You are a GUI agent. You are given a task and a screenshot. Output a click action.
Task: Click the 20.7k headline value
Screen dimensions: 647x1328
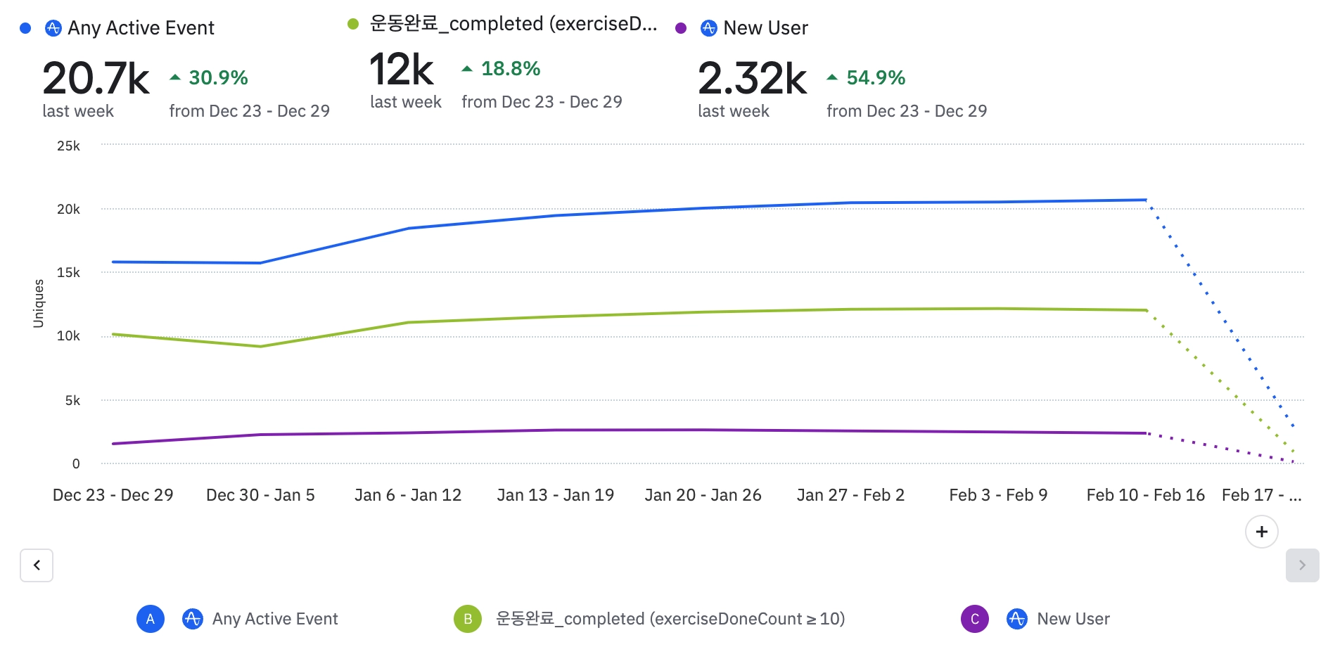coord(96,78)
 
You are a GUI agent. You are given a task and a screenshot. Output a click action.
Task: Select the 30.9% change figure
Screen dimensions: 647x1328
coord(218,77)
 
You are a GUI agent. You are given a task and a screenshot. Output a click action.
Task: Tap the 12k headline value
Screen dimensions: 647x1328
coord(402,70)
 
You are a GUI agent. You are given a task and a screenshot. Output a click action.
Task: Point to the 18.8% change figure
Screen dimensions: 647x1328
coord(510,69)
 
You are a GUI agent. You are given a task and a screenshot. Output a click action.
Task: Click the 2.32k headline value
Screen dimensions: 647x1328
coord(752,78)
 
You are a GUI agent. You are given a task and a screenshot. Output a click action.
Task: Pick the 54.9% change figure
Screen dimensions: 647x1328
coord(875,77)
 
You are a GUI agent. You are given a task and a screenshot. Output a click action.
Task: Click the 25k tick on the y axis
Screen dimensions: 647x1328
coord(68,146)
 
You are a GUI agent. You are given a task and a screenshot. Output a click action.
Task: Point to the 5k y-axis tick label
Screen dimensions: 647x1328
coord(72,400)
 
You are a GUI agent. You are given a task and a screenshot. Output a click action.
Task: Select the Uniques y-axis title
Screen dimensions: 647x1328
coord(39,303)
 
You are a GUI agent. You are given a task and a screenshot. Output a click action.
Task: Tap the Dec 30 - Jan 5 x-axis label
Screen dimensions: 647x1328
coord(260,495)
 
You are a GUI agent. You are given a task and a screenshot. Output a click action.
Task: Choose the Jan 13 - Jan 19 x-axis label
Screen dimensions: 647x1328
coord(555,495)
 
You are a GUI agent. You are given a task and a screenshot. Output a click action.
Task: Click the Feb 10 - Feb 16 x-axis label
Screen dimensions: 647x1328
coord(1145,495)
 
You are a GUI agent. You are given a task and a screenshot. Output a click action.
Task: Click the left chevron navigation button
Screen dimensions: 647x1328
coord(37,565)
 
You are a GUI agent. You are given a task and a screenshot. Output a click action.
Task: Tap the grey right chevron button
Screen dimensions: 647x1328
coord(1302,565)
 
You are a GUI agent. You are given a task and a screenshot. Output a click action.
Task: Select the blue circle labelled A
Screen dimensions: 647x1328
coord(151,619)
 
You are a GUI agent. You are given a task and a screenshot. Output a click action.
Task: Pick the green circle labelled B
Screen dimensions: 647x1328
coord(468,619)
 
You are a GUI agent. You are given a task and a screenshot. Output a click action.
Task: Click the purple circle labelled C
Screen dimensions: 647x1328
coord(975,619)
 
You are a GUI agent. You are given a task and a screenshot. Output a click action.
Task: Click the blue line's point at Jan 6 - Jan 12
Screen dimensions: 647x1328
coord(409,228)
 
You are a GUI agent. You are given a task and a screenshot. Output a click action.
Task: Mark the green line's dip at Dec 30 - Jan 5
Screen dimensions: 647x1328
coord(261,346)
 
